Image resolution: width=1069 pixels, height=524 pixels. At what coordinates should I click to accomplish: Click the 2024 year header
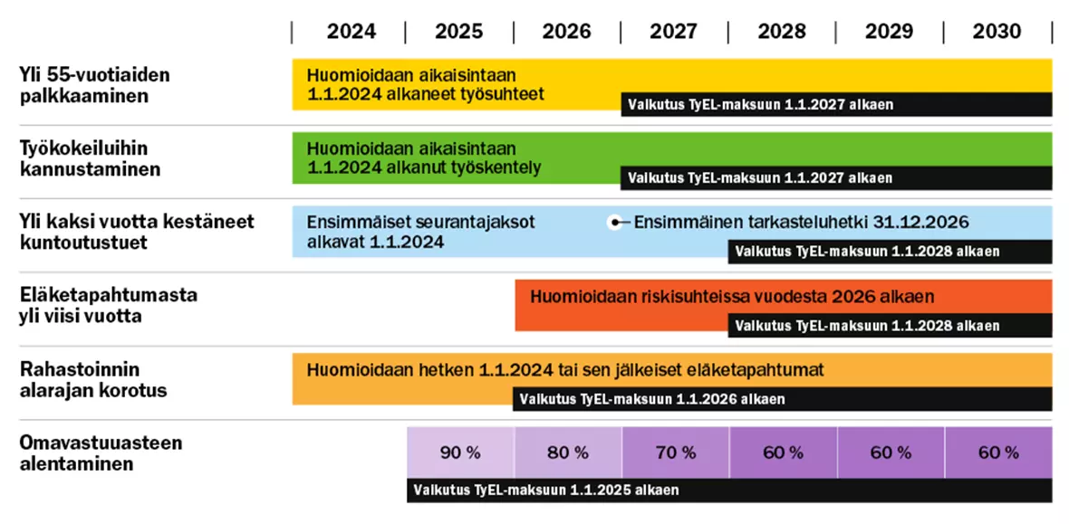[351, 32]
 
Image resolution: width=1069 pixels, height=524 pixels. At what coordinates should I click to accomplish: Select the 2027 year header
[673, 32]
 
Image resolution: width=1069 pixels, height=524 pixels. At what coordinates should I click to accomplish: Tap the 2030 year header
[997, 32]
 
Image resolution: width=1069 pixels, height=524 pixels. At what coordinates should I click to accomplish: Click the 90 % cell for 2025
[460, 453]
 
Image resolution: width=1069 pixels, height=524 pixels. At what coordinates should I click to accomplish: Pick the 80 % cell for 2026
[568, 453]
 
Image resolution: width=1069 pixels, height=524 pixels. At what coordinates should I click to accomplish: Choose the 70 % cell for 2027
[676, 453]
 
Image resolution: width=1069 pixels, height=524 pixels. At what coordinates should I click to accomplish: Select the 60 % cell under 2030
[998, 453]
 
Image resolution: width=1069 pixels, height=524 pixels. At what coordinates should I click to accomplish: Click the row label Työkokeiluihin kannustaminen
[90, 158]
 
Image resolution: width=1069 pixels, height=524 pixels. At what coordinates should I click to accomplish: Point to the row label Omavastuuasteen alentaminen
[101, 453]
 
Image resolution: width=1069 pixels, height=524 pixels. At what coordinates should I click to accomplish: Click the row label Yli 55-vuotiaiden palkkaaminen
[94, 85]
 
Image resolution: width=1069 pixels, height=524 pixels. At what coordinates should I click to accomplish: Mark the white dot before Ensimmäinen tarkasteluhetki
[615, 222]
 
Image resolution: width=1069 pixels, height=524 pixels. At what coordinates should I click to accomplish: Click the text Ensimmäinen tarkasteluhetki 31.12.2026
[801, 222]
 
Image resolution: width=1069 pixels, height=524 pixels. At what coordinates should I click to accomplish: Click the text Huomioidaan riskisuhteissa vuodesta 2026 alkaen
[732, 297]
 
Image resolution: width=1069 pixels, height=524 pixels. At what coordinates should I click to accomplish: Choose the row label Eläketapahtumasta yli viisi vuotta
[108, 306]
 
